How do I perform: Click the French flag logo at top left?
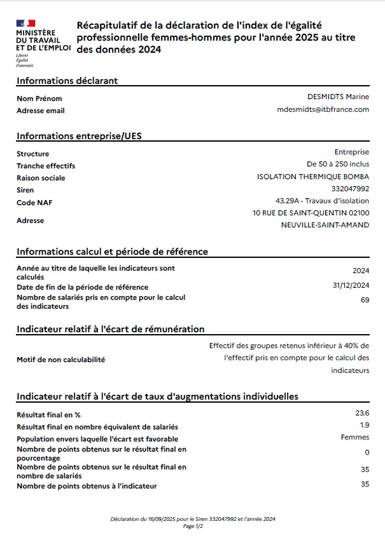[26, 23]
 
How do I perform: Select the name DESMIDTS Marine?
[338, 97]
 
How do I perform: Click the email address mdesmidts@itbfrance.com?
[323, 109]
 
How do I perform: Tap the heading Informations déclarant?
[67, 81]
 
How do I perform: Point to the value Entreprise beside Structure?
[351, 152]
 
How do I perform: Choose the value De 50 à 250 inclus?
[337, 165]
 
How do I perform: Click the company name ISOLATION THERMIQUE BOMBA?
[312, 177]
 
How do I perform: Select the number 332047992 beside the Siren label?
[350, 189]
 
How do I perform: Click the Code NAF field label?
[34, 203]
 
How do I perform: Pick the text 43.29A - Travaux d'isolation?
[322, 201]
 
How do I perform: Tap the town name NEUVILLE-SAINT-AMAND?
[325, 225]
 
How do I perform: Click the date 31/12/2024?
[351, 286]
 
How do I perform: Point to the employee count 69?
[365, 300]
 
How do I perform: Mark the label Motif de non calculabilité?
[61, 360]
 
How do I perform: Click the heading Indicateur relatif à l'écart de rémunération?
[111, 329]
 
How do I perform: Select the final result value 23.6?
[362, 413]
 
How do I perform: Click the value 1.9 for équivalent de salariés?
[365, 425]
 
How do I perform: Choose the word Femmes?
[355, 437]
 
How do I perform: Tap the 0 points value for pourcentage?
[367, 452]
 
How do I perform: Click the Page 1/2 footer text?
[192, 526]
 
